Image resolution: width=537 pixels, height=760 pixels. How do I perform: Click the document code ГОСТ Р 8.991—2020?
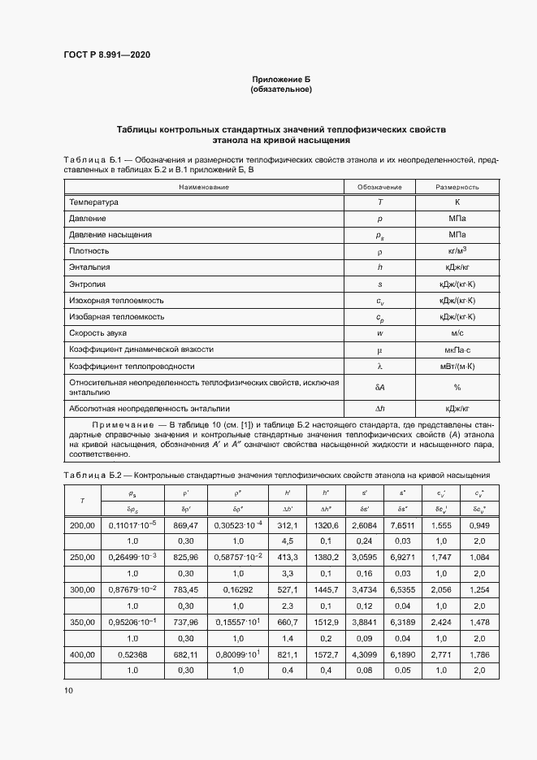click(x=106, y=55)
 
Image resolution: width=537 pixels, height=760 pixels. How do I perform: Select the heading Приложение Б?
click(x=281, y=79)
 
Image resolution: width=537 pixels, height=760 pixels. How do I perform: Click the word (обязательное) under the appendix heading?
click(x=281, y=89)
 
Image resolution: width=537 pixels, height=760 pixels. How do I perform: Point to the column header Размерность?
click(x=457, y=187)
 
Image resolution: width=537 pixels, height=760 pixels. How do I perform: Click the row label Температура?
click(x=93, y=202)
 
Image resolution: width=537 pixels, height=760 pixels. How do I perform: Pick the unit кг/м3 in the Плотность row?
click(x=457, y=251)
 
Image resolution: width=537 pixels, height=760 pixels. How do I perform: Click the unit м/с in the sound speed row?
click(x=457, y=332)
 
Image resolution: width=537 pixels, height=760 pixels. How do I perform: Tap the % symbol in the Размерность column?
click(x=457, y=387)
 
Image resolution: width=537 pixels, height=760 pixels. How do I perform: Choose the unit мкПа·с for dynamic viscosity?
click(x=457, y=349)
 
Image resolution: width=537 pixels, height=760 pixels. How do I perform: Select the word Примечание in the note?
click(x=123, y=425)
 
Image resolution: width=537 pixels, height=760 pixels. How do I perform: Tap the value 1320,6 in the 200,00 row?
click(x=325, y=525)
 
